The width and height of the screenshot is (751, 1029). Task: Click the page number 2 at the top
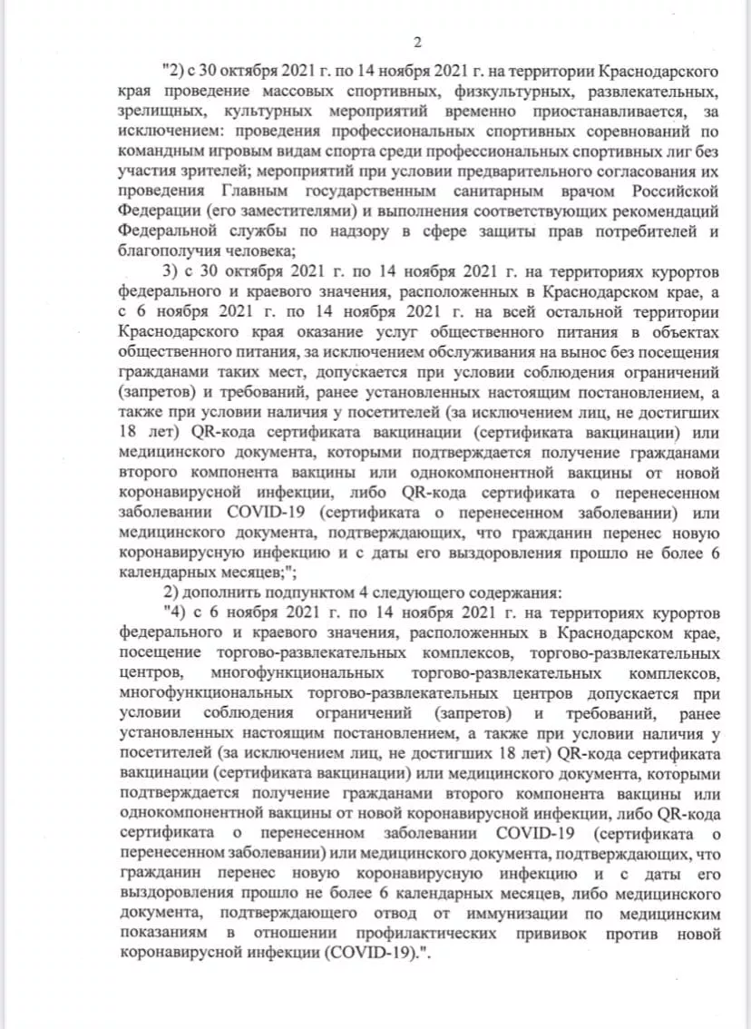[418, 43]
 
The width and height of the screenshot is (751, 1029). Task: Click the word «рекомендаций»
[663, 211]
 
